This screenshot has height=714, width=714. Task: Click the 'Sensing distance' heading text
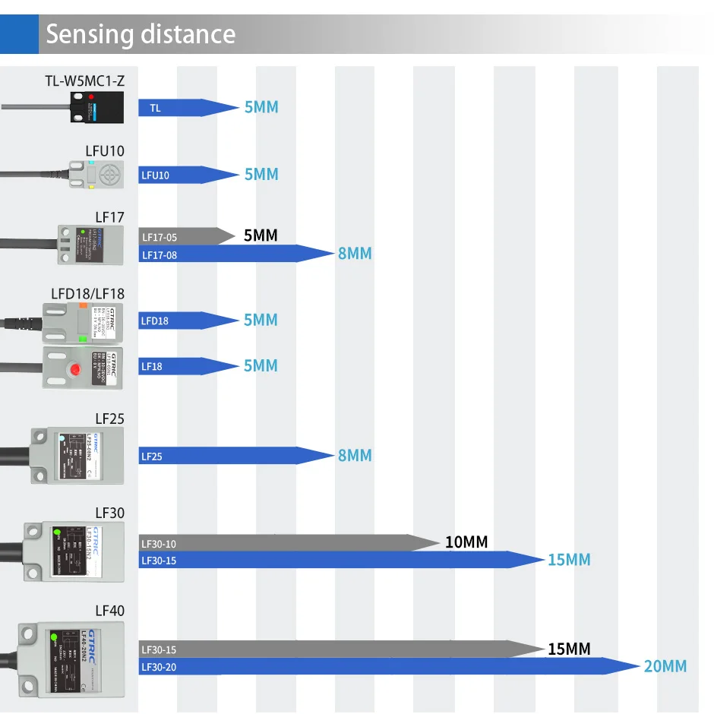[x=141, y=35]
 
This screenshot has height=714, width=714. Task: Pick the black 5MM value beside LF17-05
[x=261, y=236]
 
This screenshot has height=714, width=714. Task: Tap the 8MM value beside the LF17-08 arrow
[x=355, y=254]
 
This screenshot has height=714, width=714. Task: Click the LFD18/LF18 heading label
[x=87, y=294]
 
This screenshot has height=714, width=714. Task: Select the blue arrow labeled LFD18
[x=187, y=321]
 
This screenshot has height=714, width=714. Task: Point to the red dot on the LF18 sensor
[x=75, y=371]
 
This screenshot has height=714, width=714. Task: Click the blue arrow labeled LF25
[x=235, y=456]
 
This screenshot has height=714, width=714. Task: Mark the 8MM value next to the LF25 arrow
[x=355, y=456]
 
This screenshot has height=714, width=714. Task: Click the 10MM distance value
[x=466, y=542]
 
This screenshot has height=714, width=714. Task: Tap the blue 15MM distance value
[x=569, y=561]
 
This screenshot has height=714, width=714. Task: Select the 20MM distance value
[x=665, y=667]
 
